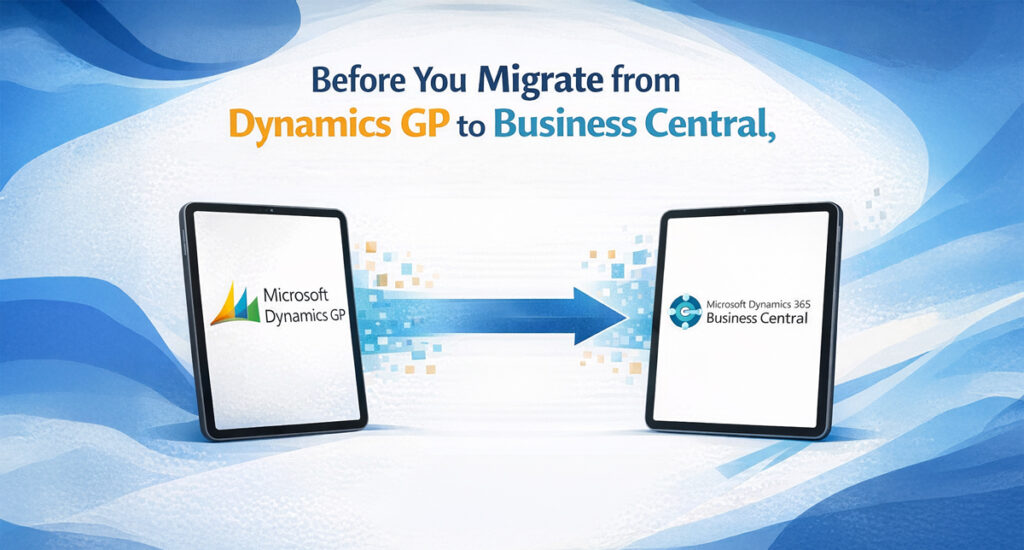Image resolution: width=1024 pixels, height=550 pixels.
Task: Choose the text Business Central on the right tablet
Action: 757,320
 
